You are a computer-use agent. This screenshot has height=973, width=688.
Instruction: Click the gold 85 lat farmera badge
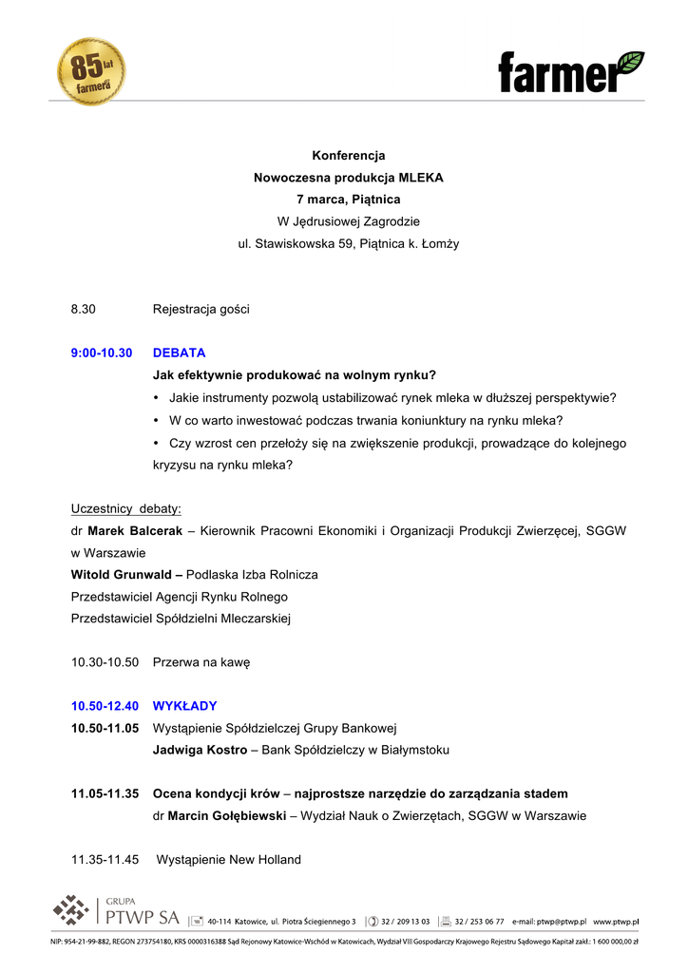[x=91, y=71]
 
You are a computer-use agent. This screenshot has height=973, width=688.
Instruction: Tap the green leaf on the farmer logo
[x=629, y=64]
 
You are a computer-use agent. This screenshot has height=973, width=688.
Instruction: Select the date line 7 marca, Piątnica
[x=348, y=200]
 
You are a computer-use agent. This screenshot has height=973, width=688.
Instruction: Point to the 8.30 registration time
[x=84, y=309]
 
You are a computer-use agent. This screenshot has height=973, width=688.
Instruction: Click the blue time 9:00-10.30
[x=102, y=353]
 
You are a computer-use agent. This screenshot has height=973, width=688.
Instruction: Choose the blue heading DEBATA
[x=179, y=353]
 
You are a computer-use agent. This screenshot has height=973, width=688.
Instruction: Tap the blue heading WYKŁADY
[x=184, y=706]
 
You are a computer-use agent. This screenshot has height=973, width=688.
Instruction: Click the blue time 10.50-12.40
[x=105, y=706]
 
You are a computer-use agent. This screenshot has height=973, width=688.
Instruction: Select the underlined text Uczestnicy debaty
[x=126, y=508]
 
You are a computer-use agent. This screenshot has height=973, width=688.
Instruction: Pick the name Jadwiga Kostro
[x=199, y=750]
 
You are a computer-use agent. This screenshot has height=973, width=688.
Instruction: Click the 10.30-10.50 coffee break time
[x=105, y=662]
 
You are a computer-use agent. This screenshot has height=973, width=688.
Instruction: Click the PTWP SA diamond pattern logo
[x=70, y=911]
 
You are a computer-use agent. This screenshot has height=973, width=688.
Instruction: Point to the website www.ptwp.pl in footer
[x=615, y=922]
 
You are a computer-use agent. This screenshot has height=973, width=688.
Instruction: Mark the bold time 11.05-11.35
[x=105, y=793]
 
